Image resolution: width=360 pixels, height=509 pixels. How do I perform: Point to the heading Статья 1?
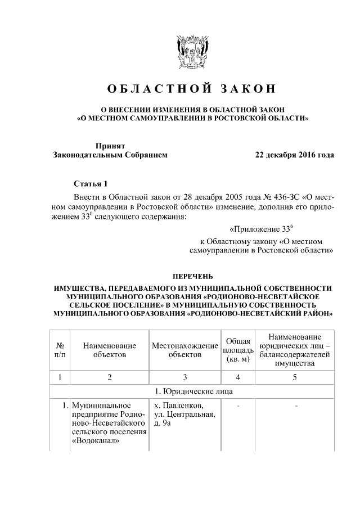pos(89,183)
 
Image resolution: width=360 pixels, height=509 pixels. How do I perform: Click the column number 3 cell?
pos(184,376)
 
